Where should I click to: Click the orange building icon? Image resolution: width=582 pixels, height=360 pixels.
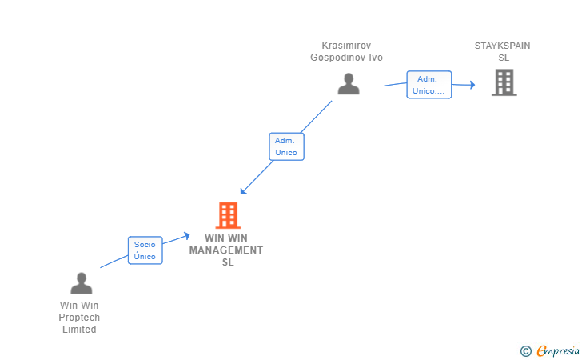click(x=228, y=215)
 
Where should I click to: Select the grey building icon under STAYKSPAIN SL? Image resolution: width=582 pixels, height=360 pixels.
click(x=504, y=82)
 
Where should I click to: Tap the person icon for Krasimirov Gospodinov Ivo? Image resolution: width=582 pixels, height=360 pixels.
click(x=349, y=84)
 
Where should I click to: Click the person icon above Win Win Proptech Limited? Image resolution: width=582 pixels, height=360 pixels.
click(x=82, y=283)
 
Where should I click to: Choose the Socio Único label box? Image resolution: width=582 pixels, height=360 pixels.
click(x=145, y=250)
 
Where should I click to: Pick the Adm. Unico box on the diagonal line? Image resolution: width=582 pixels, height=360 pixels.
click(x=286, y=146)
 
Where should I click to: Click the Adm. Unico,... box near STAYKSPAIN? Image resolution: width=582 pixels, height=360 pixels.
click(x=429, y=85)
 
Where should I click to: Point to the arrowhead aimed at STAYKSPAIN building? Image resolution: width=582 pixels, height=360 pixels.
click(x=472, y=85)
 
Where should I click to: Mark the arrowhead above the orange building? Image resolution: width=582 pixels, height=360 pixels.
click(x=243, y=191)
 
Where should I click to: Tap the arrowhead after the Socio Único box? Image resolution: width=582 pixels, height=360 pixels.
click(x=187, y=236)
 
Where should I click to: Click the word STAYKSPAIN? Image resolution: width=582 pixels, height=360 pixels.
click(x=502, y=46)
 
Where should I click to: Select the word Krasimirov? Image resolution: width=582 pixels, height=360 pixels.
click(x=346, y=46)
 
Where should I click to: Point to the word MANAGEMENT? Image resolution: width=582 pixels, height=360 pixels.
click(x=226, y=250)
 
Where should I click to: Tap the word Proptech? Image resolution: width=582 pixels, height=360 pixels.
click(x=79, y=318)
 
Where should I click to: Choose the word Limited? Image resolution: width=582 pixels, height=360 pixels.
click(x=79, y=330)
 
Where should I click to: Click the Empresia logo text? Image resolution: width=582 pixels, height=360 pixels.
click(x=558, y=350)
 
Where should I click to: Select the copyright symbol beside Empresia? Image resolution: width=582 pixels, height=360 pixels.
click(x=525, y=351)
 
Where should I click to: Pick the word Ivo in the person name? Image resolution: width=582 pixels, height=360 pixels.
click(x=376, y=58)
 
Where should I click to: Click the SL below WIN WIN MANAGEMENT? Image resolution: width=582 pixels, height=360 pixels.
click(x=228, y=262)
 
